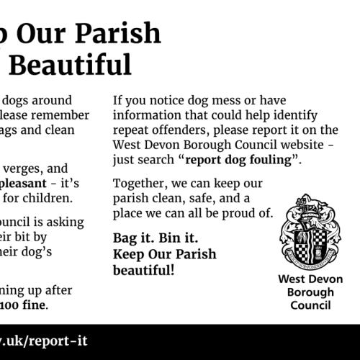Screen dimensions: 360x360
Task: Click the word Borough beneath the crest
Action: coord(310,292)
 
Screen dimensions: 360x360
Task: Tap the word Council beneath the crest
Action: coord(310,305)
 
